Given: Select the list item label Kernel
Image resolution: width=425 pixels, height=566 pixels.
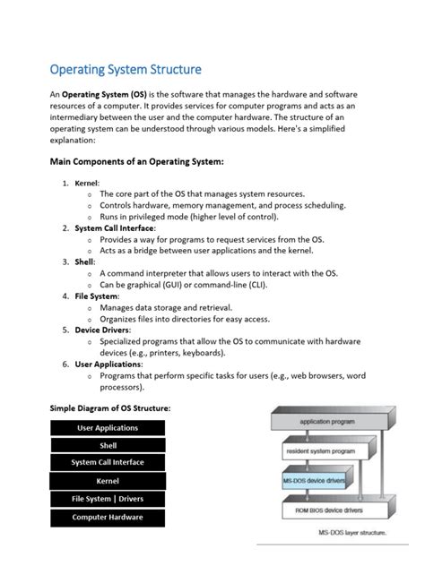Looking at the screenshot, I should pyautogui.click(x=87, y=182).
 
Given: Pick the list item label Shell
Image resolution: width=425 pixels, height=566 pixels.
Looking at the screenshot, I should pyautogui.click(x=84, y=263).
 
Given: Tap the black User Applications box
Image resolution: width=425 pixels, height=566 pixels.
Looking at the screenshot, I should pyautogui.click(x=108, y=429).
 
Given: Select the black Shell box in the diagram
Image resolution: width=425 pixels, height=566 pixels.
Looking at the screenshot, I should pyautogui.click(x=108, y=446).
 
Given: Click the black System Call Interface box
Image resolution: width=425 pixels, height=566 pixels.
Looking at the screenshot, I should pyautogui.click(x=108, y=463).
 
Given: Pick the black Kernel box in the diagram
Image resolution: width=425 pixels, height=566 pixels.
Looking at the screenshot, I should pyautogui.click(x=108, y=481).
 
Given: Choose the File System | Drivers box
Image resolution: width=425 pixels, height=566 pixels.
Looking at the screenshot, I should pyautogui.click(x=108, y=499).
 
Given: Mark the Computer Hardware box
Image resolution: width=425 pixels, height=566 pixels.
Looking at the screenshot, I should pyautogui.click(x=108, y=517).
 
